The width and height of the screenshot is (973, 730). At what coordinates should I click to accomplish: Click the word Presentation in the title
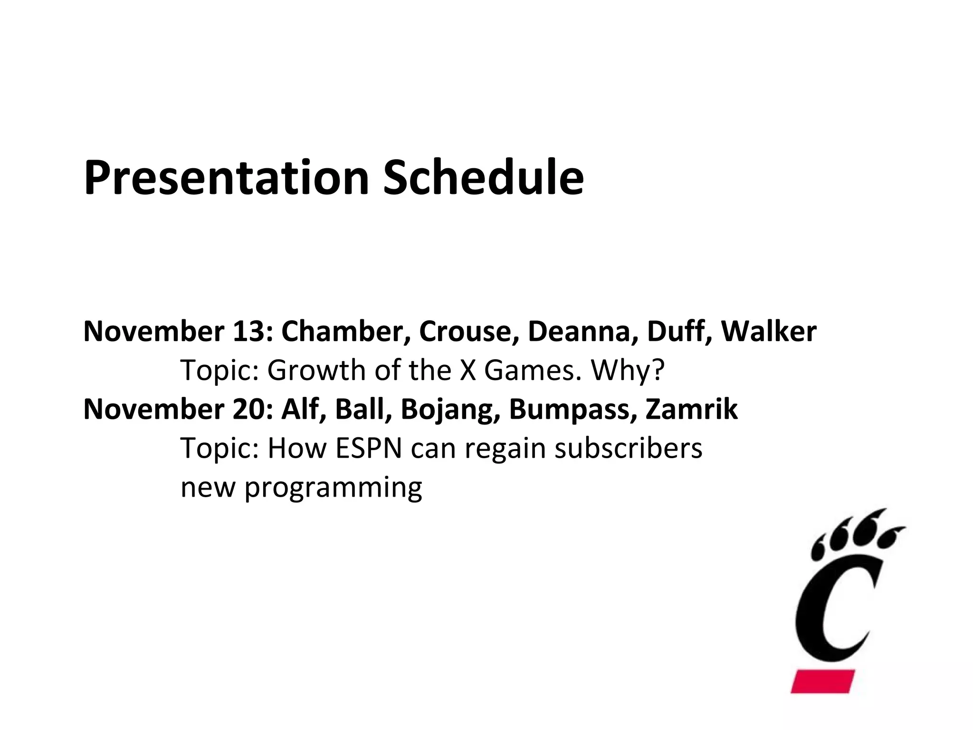click(x=226, y=178)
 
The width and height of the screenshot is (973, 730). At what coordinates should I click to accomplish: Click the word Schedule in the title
click(x=483, y=178)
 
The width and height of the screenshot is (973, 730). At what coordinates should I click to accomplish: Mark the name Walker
click(x=769, y=331)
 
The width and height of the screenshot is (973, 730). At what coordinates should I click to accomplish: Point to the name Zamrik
click(x=692, y=409)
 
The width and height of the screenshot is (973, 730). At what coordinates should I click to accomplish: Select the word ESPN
click(x=369, y=448)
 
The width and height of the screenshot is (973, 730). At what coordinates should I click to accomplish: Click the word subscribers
click(x=628, y=448)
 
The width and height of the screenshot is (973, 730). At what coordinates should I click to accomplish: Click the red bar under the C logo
click(x=823, y=681)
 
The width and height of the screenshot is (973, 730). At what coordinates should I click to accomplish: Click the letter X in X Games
click(x=468, y=370)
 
